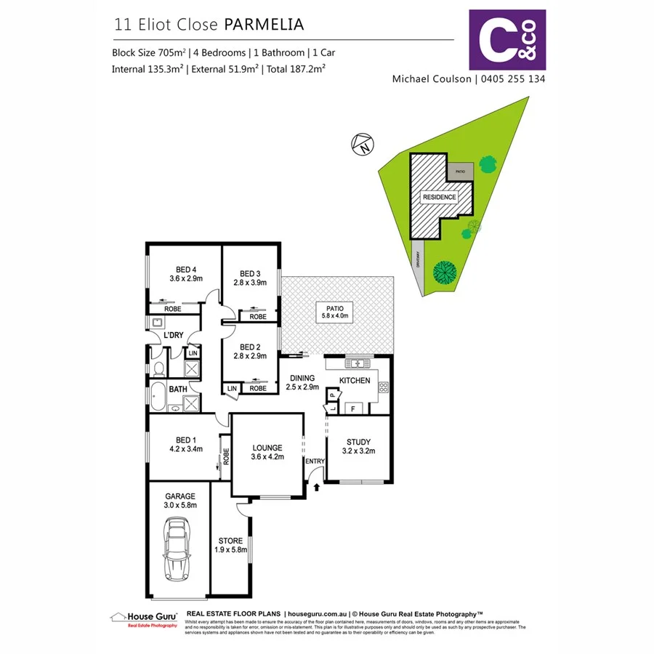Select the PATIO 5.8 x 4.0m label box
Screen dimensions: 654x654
pyautogui.click(x=337, y=312)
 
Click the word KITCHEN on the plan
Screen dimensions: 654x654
pyautogui.click(x=355, y=381)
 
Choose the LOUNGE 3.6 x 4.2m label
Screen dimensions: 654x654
pyautogui.click(x=267, y=452)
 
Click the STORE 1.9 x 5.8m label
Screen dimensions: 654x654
pyautogui.click(x=231, y=545)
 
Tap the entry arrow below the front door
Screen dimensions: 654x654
pyautogui.click(x=317, y=488)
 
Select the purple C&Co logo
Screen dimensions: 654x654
pyautogui.click(x=507, y=39)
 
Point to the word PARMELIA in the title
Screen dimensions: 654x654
pyautogui.click(x=264, y=24)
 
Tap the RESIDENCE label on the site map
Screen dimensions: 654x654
pyautogui.click(x=440, y=197)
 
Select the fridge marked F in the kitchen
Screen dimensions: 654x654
pyautogui.click(x=353, y=408)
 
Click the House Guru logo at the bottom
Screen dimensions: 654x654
pyautogui.click(x=144, y=618)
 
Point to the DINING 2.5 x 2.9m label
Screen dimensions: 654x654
pyautogui.click(x=302, y=382)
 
